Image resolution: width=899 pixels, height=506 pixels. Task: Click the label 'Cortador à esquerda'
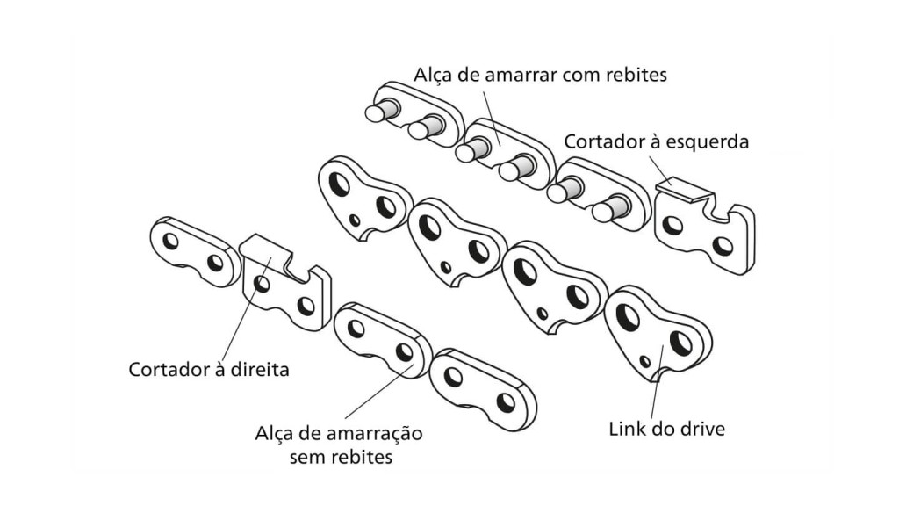[x=656, y=141]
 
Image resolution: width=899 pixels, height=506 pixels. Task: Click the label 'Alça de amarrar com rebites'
[x=542, y=75]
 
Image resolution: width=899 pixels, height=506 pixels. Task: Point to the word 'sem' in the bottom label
[x=309, y=457]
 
